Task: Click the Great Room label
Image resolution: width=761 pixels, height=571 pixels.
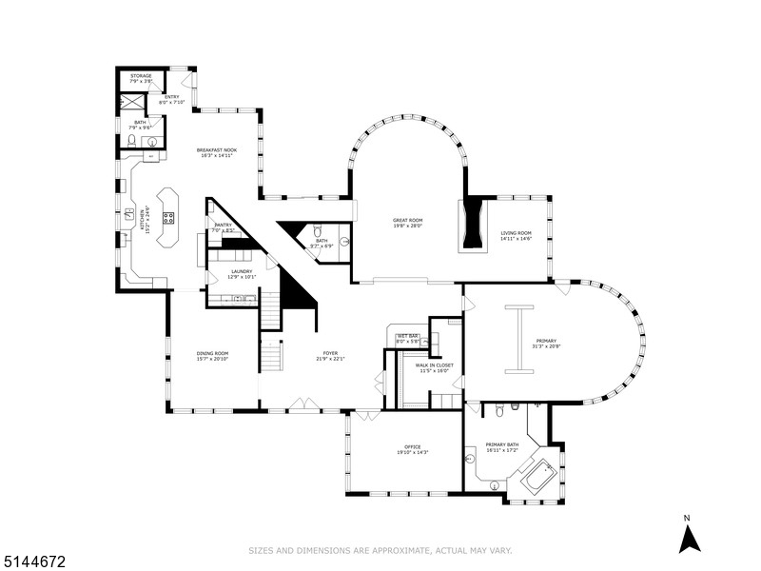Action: (x=408, y=220)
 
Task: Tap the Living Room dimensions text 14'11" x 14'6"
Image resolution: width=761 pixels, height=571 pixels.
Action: (x=516, y=239)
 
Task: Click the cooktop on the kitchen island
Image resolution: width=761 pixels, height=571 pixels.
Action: (x=169, y=217)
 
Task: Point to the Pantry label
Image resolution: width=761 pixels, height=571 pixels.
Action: (x=223, y=225)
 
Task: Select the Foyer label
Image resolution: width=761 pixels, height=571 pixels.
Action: (x=330, y=353)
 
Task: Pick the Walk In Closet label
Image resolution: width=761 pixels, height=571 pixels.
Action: (x=434, y=364)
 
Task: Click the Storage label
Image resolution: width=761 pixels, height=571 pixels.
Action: (x=141, y=75)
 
